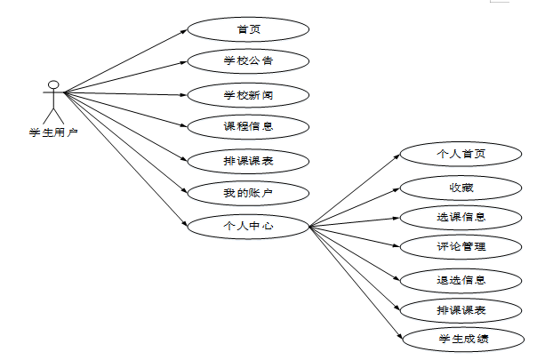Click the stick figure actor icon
tap(54, 102)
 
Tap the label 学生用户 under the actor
tap(53, 132)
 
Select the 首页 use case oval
tap(248, 29)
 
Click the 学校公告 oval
tap(248, 61)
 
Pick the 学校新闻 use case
tap(248, 94)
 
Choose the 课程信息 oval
tap(248, 126)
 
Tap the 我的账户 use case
tap(248, 192)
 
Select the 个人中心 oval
tap(248, 226)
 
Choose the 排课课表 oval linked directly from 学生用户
tap(248, 160)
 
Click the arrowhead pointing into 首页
tap(184, 31)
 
